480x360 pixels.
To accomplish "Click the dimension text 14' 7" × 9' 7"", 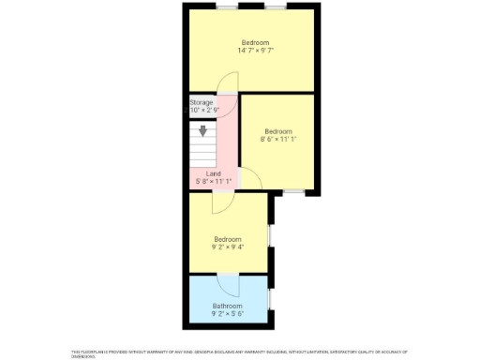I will point(255,51).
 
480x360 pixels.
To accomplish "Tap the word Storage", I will point(202,102).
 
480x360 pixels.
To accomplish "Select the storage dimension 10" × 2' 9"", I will point(203,111).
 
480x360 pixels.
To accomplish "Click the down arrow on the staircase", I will point(202,131).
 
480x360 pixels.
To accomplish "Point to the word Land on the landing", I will point(214,173).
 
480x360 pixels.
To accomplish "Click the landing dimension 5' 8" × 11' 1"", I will point(214,182).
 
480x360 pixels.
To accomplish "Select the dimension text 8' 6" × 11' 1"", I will point(278,140).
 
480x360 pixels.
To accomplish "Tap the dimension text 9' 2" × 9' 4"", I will point(228,247).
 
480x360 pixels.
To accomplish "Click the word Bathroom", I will point(228,306).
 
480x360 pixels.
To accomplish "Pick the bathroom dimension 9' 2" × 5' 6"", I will point(228,314).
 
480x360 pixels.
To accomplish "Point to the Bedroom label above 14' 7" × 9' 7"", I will point(255,42).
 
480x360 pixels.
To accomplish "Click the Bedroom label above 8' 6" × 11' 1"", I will point(278,131).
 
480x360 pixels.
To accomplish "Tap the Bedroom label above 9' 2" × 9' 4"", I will point(228,238).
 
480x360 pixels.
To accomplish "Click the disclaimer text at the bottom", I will point(239,353).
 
